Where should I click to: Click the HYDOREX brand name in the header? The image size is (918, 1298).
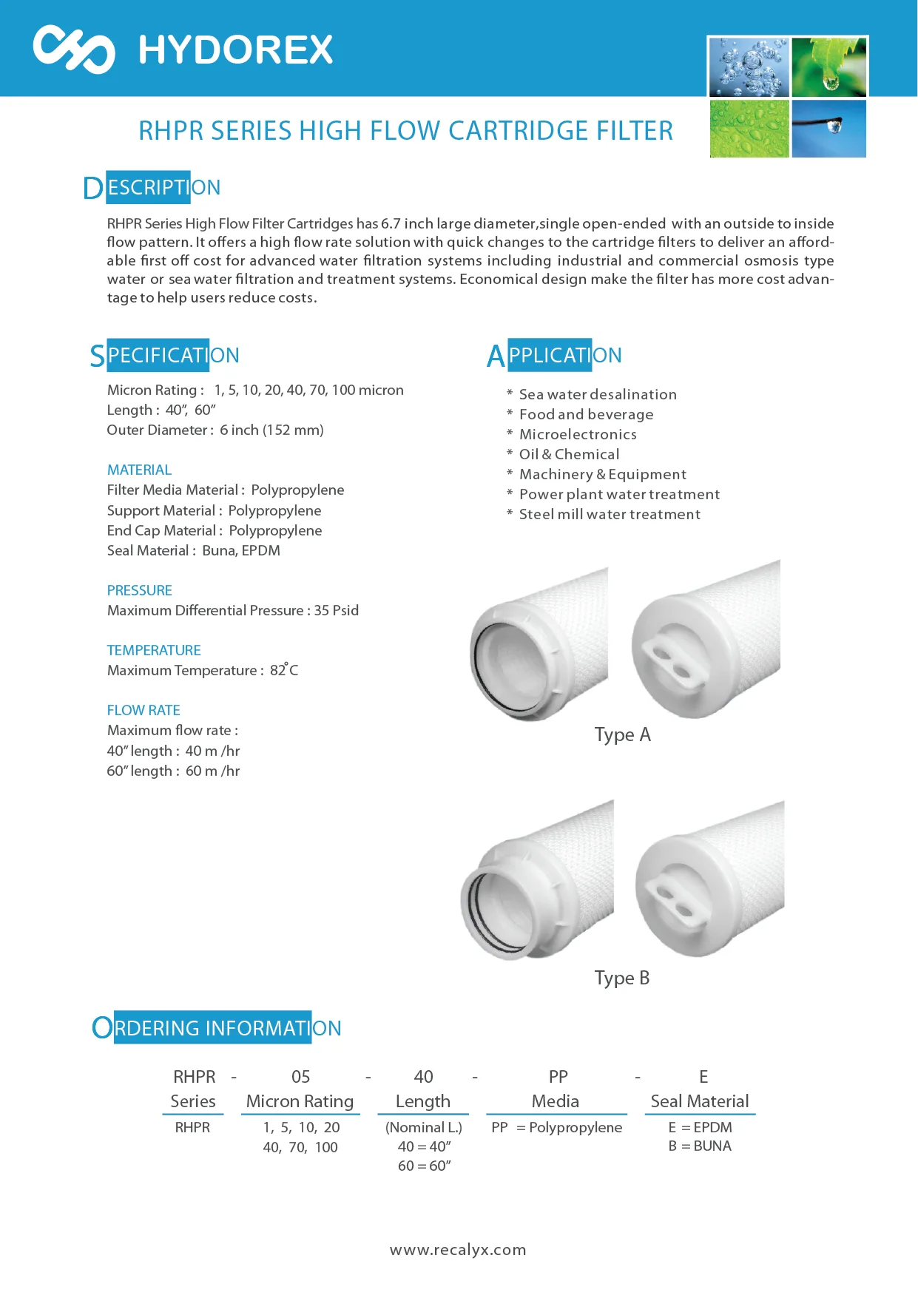pos(235,50)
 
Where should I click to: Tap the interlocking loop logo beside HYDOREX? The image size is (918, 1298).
pos(74,50)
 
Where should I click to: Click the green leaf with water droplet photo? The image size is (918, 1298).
pos(829,67)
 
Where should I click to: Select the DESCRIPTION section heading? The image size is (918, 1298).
pos(152,188)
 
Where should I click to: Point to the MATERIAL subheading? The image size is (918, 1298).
pos(139,470)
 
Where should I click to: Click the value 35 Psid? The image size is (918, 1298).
pos(337,611)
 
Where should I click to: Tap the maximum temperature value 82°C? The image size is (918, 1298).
pos(284,670)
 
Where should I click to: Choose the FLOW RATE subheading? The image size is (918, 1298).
pos(144,710)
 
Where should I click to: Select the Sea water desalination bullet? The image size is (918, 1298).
pos(597,395)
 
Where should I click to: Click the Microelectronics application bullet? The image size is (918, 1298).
pos(577,435)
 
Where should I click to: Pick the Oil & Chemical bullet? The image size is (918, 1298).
pos(569,455)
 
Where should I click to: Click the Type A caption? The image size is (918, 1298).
pos(622,735)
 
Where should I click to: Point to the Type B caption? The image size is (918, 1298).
pos(621,978)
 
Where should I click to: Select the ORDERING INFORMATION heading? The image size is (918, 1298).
pos(217,1028)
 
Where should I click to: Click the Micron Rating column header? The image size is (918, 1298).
pos(300,1101)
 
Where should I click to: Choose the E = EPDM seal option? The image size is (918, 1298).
pos(700,1127)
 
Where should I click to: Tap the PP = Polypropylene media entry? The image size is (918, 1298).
pos(556,1127)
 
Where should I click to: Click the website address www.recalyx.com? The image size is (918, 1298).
pos(458,1250)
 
